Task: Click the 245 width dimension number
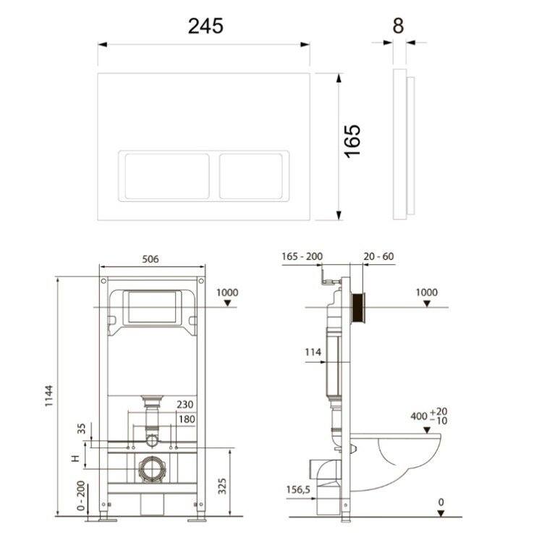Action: [206, 26]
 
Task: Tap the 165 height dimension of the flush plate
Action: [352, 141]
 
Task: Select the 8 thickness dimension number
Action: [399, 26]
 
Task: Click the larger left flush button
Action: [167, 176]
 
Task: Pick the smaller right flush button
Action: [251, 176]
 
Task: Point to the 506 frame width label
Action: [151, 259]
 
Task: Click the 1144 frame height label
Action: [49, 396]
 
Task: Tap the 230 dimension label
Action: [185, 405]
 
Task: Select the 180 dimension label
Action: [187, 419]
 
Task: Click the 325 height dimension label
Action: [222, 487]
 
